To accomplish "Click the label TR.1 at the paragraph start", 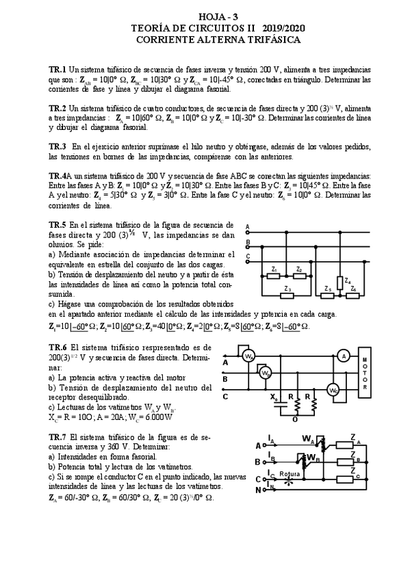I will pos(57,70).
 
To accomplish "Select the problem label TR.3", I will pos(57,146).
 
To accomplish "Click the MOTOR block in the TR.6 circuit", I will pos(365,374).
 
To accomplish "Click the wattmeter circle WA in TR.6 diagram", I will pos(250,356).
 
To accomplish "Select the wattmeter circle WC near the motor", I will pos(333,390).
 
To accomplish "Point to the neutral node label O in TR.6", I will pos(294,420).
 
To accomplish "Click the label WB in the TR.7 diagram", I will pos(311,456).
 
